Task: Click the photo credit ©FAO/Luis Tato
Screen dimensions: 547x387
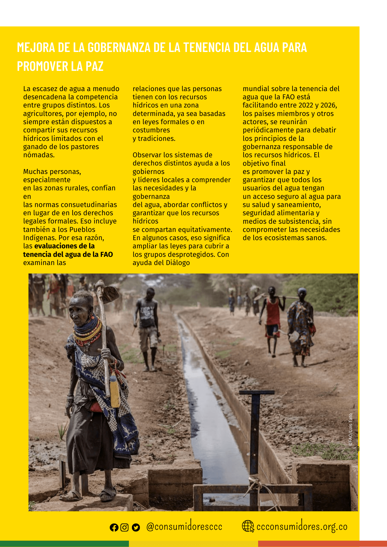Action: tap(350, 430)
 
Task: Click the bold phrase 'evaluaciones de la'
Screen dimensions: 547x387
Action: tap(65, 246)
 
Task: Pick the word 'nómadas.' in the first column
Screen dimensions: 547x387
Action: tap(39, 155)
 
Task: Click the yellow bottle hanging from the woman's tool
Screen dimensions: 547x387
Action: tap(115, 391)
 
